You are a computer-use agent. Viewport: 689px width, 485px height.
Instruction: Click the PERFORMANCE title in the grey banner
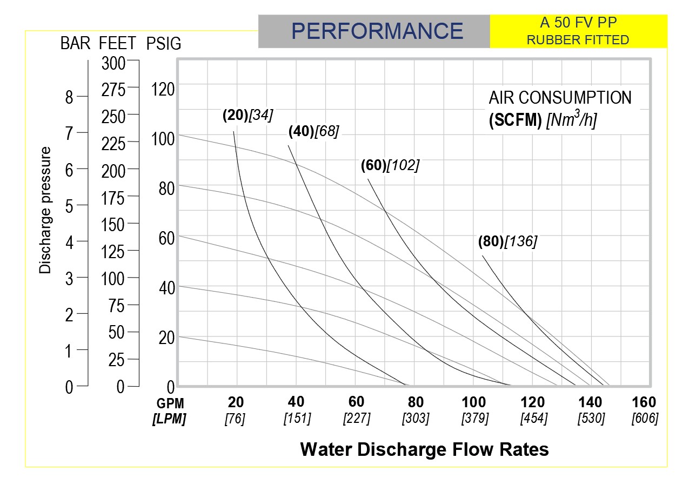click(377, 31)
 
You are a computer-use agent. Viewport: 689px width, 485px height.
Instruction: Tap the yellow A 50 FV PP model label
click(578, 23)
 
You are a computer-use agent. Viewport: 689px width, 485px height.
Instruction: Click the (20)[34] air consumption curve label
click(247, 116)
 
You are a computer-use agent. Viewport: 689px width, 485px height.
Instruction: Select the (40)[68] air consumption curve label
click(313, 131)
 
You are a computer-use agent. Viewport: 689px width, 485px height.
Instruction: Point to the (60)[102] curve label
click(390, 166)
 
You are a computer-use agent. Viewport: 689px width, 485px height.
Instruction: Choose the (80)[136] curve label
click(507, 242)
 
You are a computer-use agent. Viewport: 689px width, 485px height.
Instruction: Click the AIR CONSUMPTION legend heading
click(560, 98)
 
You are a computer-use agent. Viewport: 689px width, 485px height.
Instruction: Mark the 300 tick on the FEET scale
click(113, 64)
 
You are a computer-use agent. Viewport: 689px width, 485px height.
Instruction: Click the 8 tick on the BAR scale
click(69, 97)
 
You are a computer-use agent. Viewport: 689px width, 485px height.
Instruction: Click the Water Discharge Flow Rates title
click(424, 449)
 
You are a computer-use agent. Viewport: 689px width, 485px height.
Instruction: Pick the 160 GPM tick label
click(644, 402)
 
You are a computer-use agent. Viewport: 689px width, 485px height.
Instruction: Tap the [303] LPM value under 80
click(416, 419)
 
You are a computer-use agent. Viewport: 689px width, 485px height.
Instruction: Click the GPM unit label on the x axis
click(170, 403)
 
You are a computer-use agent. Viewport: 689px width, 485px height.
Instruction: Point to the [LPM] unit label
click(170, 419)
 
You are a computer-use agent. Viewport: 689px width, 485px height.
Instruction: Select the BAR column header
click(75, 44)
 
